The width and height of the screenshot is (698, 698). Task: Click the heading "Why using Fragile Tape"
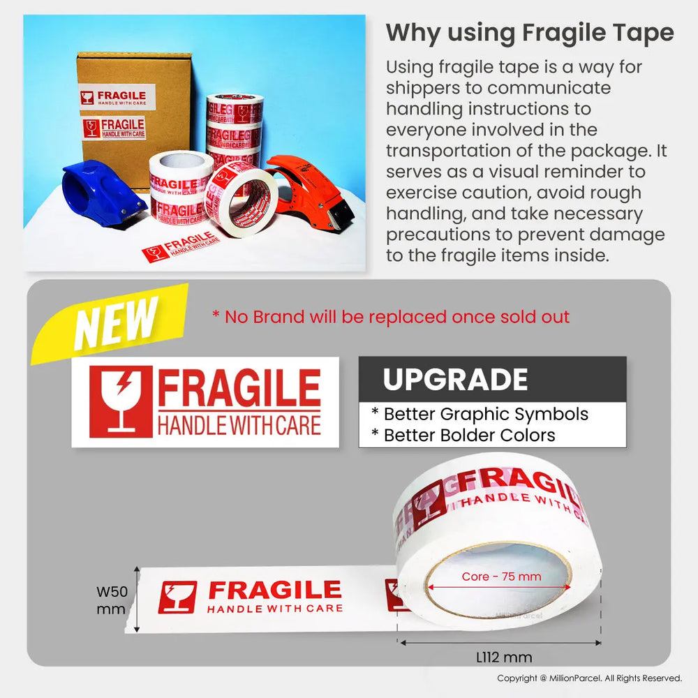click(530, 33)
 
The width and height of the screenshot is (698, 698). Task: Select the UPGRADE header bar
click(492, 379)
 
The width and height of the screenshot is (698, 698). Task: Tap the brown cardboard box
click(133, 112)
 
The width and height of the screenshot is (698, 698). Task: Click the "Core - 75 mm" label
click(501, 577)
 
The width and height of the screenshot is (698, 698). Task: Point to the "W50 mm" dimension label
click(112, 600)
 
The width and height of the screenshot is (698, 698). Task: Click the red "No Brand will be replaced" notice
click(391, 317)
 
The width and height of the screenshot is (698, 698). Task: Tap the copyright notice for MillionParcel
click(589, 678)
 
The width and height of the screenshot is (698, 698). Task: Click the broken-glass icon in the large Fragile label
click(121, 401)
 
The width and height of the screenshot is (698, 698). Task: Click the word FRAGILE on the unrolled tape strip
click(275, 591)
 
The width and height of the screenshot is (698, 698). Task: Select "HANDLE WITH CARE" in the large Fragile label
click(239, 424)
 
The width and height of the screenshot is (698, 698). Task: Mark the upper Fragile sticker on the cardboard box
click(116, 97)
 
